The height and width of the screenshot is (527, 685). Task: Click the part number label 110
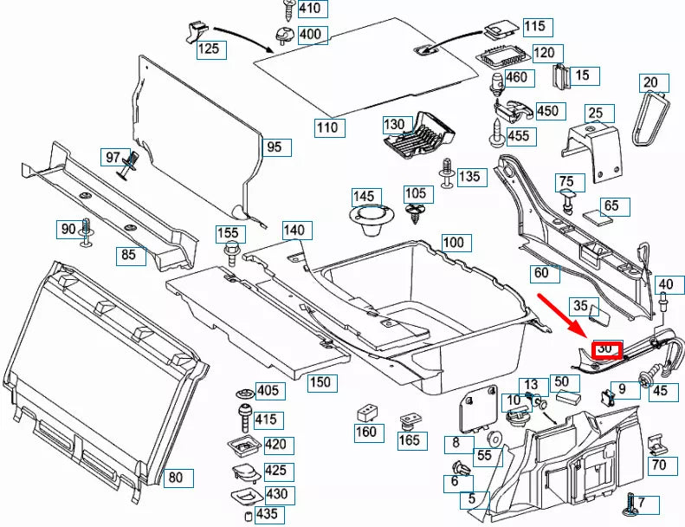(x=327, y=127)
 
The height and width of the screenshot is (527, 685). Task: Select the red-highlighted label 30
(x=606, y=349)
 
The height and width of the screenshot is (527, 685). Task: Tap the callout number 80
(x=176, y=478)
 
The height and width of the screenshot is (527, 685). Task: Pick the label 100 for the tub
(x=453, y=242)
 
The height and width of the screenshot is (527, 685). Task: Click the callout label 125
(x=209, y=49)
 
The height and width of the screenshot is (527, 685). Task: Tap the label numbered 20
(x=650, y=83)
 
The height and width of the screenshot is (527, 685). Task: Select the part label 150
(x=320, y=382)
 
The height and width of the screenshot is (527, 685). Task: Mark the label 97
(x=113, y=157)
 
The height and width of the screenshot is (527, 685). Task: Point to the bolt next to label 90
(x=87, y=231)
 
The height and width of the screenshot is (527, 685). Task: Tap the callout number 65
(x=611, y=206)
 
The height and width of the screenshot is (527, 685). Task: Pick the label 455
(x=518, y=136)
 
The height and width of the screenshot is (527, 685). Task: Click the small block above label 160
(x=366, y=411)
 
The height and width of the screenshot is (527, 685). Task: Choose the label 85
(x=128, y=255)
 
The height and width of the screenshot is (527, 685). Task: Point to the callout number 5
(x=473, y=498)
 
